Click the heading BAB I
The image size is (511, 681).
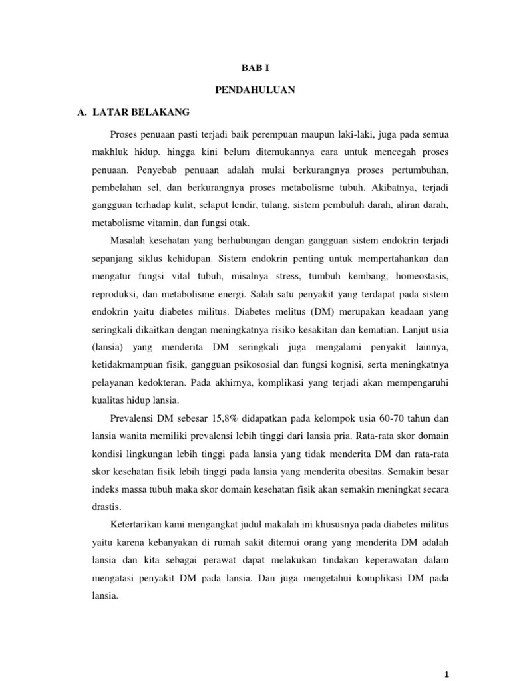click(x=255, y=67)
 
